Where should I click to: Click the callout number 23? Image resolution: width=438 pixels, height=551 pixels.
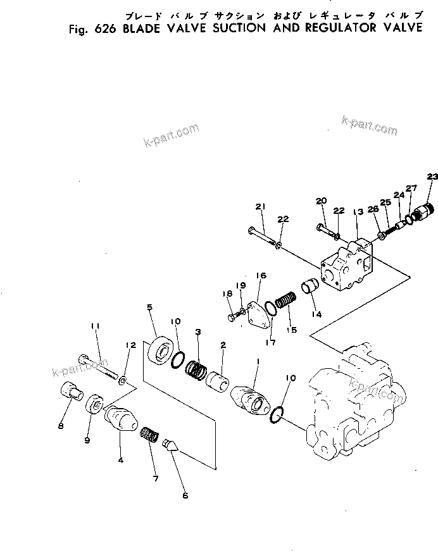tap(432, 176)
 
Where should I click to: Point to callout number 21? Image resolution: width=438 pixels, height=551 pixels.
tap(260, 207)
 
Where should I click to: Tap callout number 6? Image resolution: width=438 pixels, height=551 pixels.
tap(185, 495)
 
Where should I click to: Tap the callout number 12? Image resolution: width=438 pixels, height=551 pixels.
tap(131, 345)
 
